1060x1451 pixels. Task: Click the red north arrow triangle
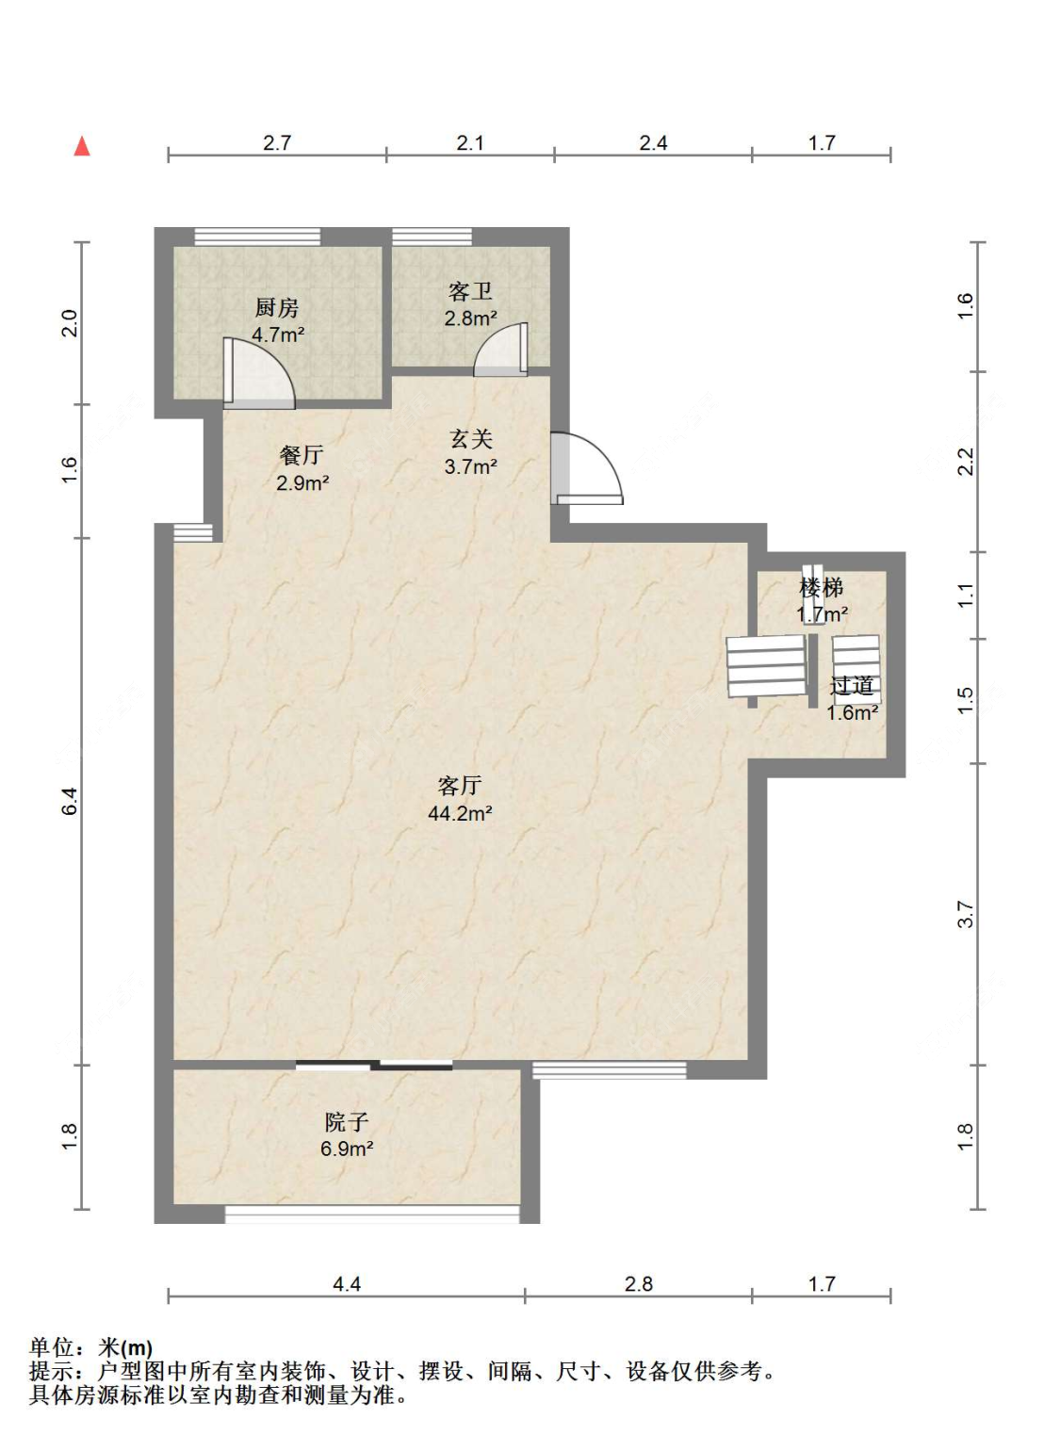[82, 146]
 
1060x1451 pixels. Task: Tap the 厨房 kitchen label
[277, 308]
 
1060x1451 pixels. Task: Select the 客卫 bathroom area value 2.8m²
[470, 318]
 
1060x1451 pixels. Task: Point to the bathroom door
[501, 350]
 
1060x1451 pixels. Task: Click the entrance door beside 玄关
[586, 467]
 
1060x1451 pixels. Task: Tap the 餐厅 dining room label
[302, 455]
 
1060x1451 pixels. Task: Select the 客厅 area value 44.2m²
[460, 813]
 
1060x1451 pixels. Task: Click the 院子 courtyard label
[347, 1121]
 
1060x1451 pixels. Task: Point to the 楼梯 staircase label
[821, 588]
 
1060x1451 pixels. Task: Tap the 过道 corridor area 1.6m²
[853, 713]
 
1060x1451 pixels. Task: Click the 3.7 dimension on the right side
[966, 914]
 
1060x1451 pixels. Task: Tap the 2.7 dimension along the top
[277, 142]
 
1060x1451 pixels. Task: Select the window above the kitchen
[258, 236]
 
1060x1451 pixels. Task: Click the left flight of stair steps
[766, 666]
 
